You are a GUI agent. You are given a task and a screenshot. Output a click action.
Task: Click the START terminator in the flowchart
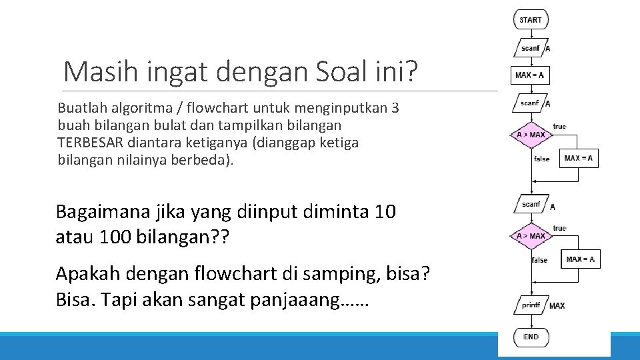click(x=531, y=20)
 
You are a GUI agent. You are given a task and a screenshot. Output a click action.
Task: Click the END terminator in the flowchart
click(x=531, y=337)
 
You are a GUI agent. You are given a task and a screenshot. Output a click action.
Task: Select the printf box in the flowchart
click(x=531, y=305)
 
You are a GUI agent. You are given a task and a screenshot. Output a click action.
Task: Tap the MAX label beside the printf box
click(x=557, y=306)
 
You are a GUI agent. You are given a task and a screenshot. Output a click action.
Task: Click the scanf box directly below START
click(x=531, y=48)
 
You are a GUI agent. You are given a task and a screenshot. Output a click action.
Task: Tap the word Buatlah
click(x=79, y=108)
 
